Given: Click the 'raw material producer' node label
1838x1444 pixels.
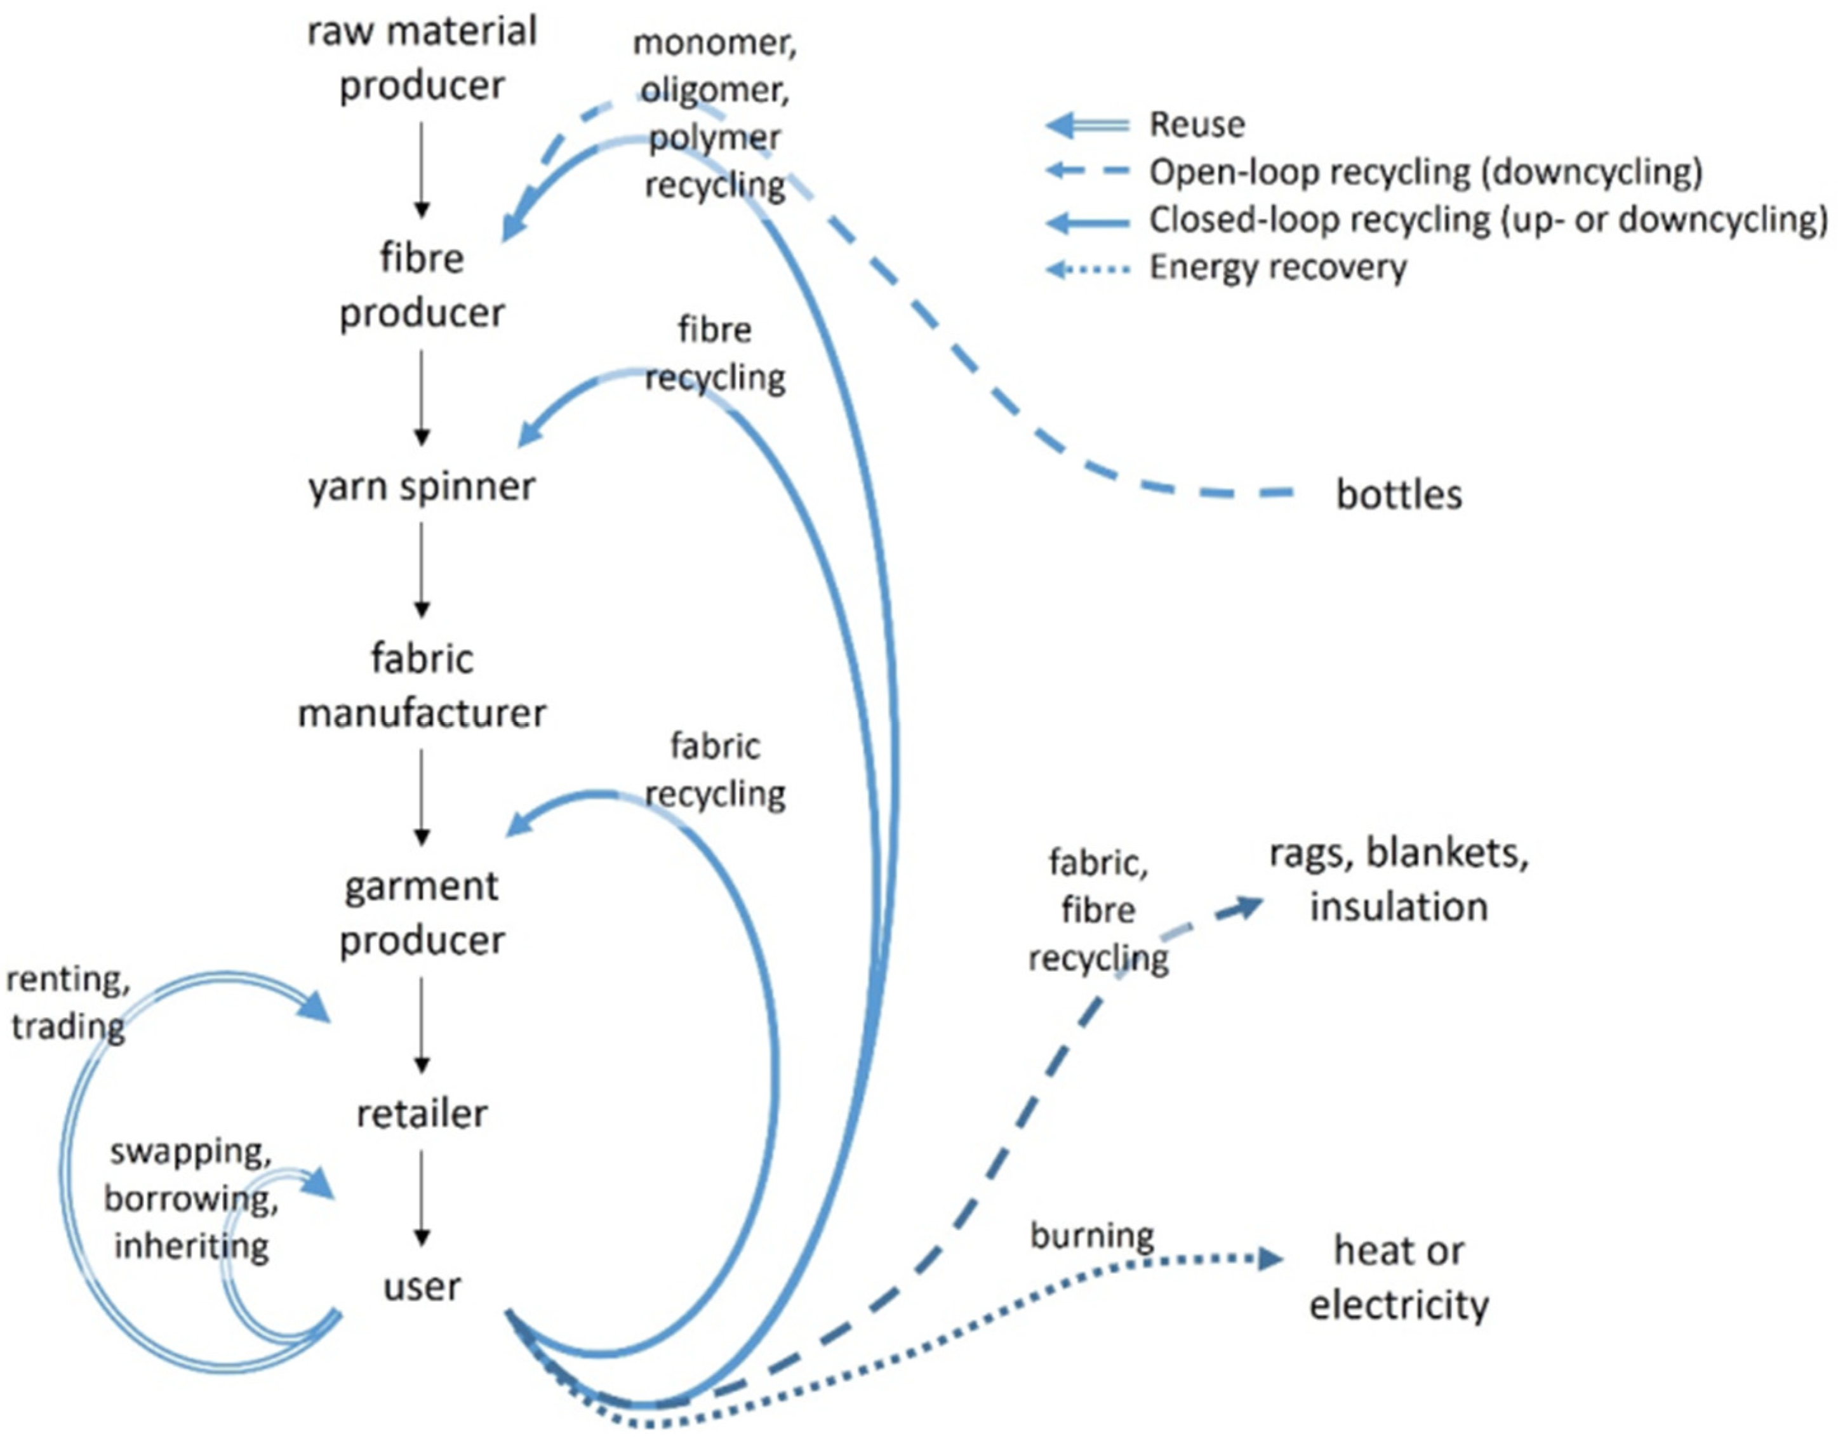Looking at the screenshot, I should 421,59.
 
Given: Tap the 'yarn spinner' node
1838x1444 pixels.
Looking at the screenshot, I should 421,487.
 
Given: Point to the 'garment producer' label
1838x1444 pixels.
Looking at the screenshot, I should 421,913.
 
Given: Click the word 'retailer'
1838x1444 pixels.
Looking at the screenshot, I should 421,1115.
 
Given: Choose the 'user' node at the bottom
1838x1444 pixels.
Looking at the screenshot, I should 421,1287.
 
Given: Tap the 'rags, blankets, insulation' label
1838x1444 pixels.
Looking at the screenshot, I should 1399,880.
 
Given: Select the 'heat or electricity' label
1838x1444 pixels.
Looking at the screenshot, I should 1399,1278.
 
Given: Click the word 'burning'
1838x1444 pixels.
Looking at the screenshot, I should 1091,1236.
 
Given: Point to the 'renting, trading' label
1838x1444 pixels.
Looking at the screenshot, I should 68,1004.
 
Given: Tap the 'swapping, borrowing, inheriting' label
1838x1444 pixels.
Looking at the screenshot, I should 191,1199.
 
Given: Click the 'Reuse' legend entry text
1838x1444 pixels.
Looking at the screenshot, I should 1195,125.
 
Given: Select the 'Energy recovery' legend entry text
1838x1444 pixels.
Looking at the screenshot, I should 1277,268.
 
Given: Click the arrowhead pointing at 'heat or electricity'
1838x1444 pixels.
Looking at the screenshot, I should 1270,1259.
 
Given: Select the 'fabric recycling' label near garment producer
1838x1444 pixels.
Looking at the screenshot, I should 714,770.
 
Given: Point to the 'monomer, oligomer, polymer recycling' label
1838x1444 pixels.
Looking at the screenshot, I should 714,114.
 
